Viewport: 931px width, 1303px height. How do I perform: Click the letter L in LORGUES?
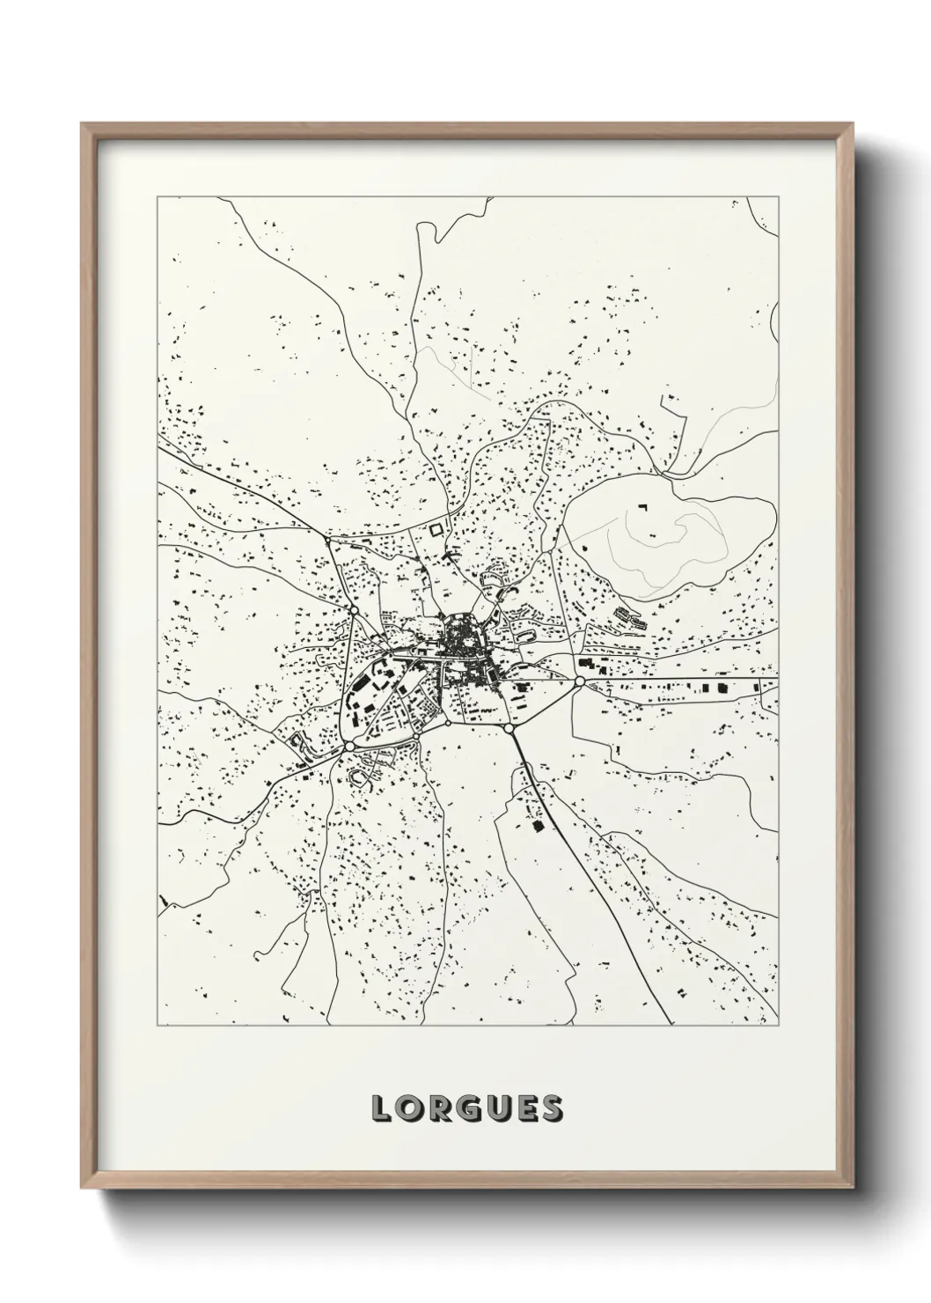click(380, 1108)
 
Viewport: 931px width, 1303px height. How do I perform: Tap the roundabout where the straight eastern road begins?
click(579, 681)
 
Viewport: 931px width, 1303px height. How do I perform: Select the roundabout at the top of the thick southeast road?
click(509, 729)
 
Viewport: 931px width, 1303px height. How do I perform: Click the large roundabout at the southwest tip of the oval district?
click(349, 746)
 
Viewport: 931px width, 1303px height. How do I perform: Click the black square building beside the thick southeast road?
click(535, 826)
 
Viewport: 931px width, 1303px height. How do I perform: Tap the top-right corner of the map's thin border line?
click(778, 197)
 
